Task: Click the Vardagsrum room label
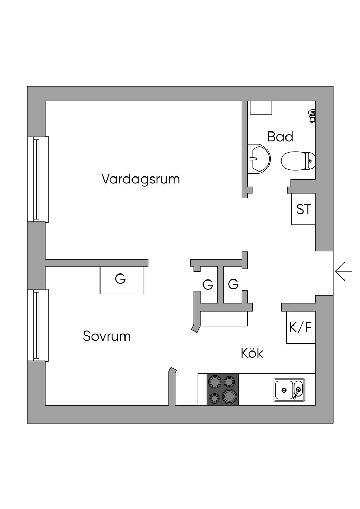click(x=141, y=179)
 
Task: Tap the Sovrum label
click(x=107, y=336)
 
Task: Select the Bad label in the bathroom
click(x=280, y=137)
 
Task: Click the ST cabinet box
click(x=303, y=209)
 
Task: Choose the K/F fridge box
click(x=301, y=328)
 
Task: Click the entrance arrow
click(x=343, y=271)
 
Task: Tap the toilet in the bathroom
click(x=298, y=161)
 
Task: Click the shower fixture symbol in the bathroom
click(x=312, y=116)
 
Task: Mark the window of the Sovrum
click(x=38, y=325)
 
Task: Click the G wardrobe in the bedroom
click(x=122, y=280)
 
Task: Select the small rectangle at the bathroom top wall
click(x=261, y=108)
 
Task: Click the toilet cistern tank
click(x=310, y=161)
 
